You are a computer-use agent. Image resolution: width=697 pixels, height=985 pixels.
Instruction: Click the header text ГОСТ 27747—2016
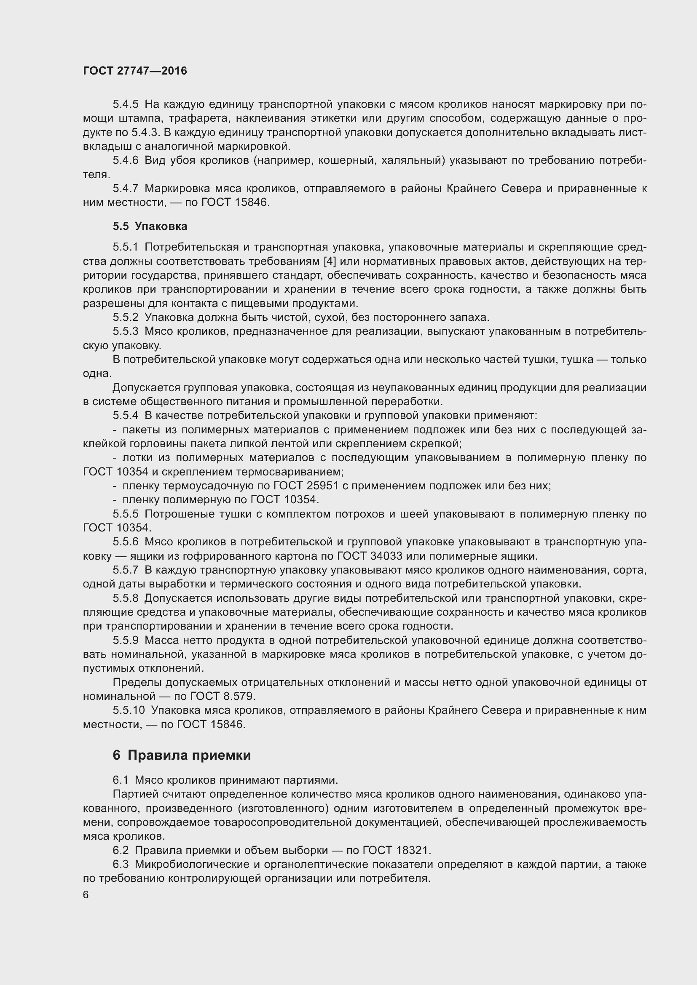pos(135,71)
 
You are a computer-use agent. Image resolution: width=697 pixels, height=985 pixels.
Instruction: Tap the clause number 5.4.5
pos(125,104)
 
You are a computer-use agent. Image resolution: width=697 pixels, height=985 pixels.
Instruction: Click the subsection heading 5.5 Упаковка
pos(150,226)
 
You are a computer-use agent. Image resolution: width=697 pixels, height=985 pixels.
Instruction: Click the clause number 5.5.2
pos(125,318)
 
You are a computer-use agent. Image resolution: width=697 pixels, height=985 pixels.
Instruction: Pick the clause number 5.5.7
pos(125,571)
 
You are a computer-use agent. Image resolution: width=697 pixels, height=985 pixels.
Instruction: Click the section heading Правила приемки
pos(189,755)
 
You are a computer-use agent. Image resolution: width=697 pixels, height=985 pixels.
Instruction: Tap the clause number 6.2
pos(121,851)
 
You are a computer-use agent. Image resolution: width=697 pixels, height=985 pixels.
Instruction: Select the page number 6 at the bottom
pos(86,895)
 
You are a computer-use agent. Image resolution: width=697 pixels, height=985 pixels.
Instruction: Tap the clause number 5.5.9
pos(125,641)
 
